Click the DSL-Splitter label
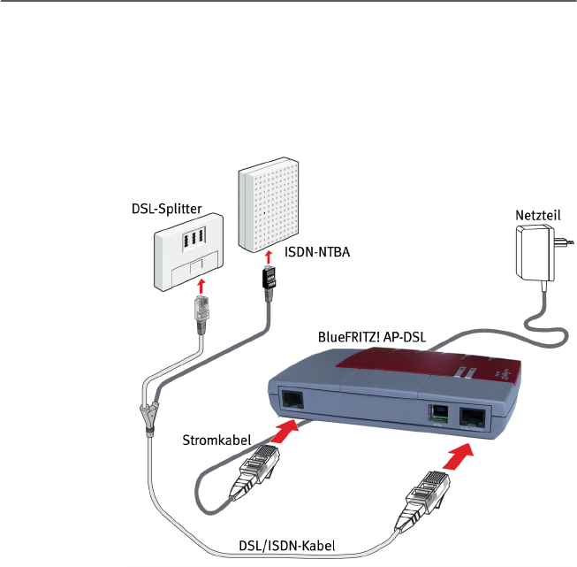167,209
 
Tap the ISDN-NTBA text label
317,252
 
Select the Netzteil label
538,215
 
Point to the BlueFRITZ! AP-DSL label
372,337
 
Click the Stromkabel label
216,440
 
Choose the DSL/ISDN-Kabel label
287,546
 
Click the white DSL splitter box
188,252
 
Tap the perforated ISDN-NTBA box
269,205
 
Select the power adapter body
535,253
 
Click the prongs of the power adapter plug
564,241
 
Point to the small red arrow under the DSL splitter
201,286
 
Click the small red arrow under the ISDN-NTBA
269,257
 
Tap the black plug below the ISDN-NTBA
270,283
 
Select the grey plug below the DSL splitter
201,314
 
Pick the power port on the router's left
292,401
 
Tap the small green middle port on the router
438,414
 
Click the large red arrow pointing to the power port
284,430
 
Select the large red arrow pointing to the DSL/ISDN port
458,456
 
